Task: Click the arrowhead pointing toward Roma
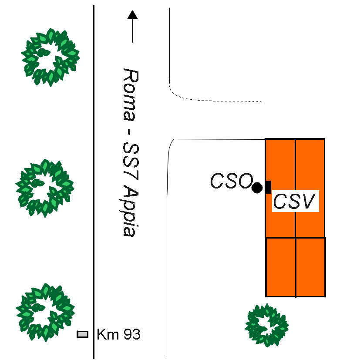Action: point(132,15)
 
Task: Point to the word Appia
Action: point(129,212)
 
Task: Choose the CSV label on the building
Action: point(295,202)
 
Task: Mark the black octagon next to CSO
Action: point(257,188)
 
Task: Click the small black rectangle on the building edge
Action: point(268,187)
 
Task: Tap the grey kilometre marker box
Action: point(82,334)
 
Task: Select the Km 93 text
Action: point(118,335)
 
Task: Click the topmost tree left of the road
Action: point(50,57)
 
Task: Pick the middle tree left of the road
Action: point(44,188)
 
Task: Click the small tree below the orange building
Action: point(266,325)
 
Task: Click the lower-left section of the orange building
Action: point(280,267)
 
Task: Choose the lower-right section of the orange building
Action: point(310,267)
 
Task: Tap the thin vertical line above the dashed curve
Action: point(169,44)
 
